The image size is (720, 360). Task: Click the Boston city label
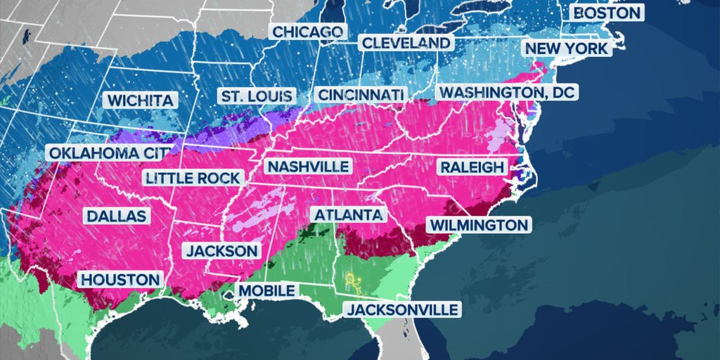click(607, 13)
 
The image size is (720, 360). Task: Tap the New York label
click(566, 48)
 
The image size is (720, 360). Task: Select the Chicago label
click(307, 32)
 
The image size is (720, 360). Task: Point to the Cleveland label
click(406, 43)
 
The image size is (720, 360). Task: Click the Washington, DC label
click(506, 92)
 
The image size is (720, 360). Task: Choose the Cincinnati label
click(361, 94)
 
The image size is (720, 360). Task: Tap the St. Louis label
click(255, 96)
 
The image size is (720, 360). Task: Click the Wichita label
click(139, 101)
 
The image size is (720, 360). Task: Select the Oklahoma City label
click(109, 153)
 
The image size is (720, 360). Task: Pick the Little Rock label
click(193, 178)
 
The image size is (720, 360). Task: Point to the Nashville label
click(309, 167)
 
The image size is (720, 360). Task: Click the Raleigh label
click(472, 167)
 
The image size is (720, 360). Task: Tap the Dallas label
click(116, 215)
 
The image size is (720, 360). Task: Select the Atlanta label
click(348, 214)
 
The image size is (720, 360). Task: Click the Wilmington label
click(479, 225)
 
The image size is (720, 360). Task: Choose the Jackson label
click(221, 250)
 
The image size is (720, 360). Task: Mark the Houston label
click(120, 279)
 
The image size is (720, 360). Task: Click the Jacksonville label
click(401, 309)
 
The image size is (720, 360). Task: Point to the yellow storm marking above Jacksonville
click(354, 283)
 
